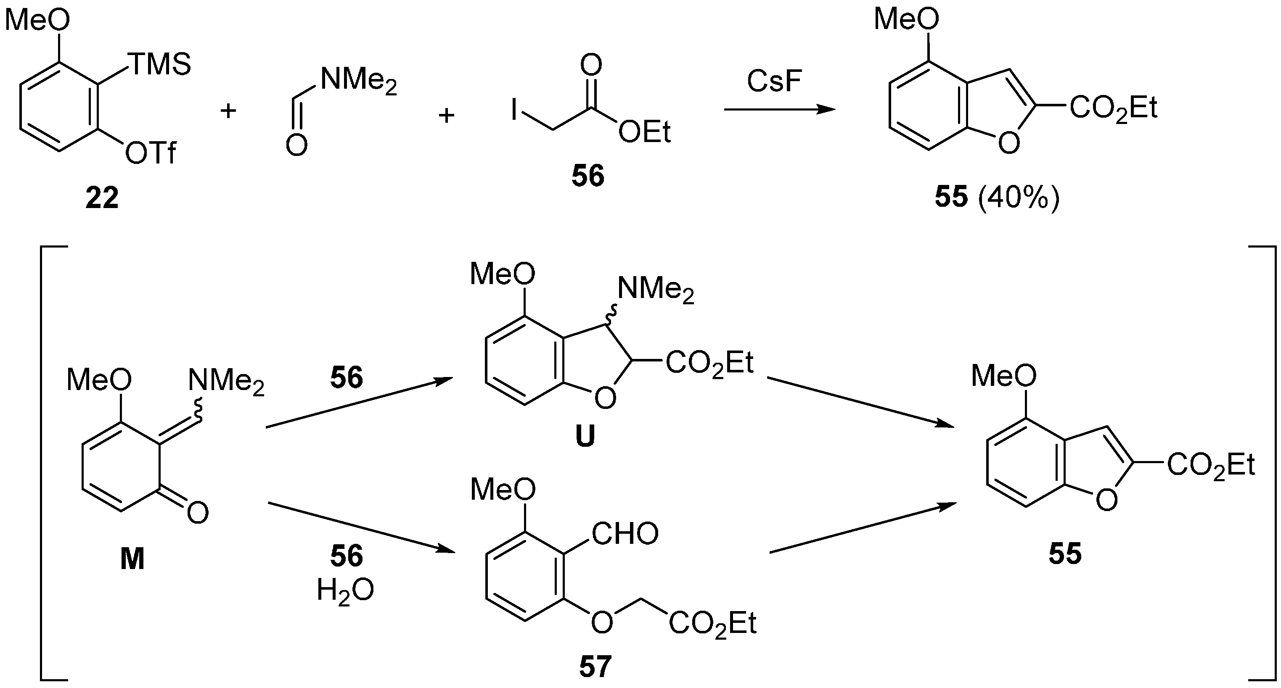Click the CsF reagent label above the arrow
pos(774,81)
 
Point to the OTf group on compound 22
pos(151,153)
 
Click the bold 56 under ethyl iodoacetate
pos(588,177)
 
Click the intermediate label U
pos(585,438)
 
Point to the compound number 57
pos(595,667)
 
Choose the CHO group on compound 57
pos(625,533)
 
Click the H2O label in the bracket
pos(346,591)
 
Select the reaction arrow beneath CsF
pos(779,109)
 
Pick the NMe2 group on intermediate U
pos(655,290)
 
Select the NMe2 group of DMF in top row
pos(358,81)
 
